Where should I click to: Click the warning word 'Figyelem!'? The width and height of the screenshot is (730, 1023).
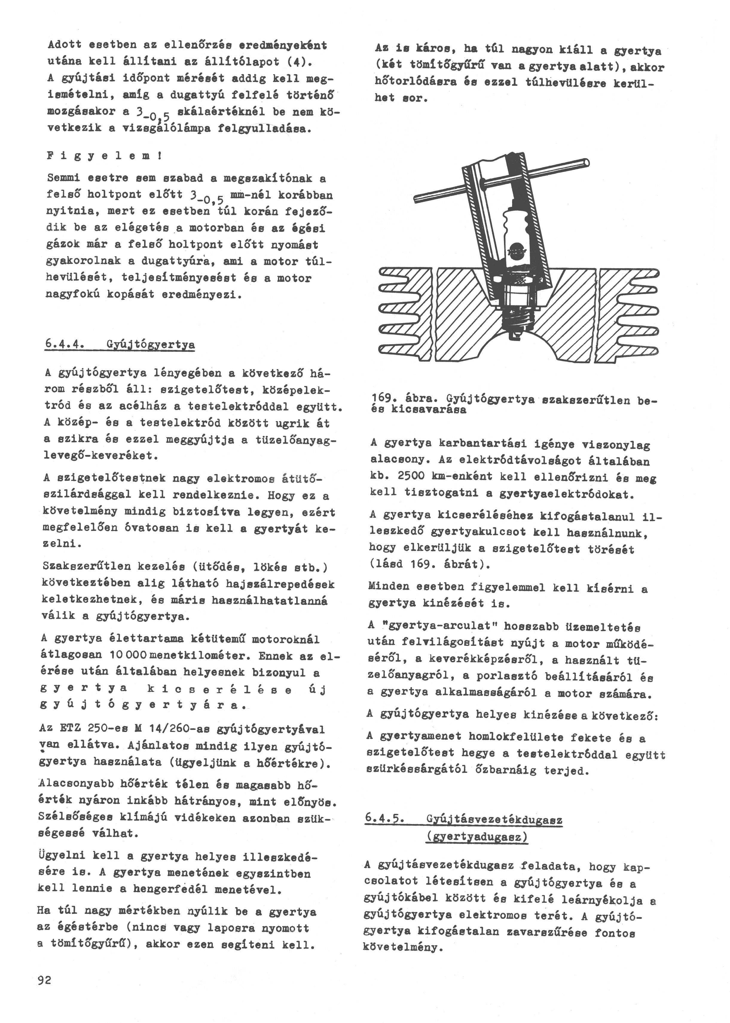(104, 156)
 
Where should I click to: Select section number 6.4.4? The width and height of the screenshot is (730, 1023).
(65, 345)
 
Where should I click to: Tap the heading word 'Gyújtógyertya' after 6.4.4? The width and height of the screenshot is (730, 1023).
(151, 345)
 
